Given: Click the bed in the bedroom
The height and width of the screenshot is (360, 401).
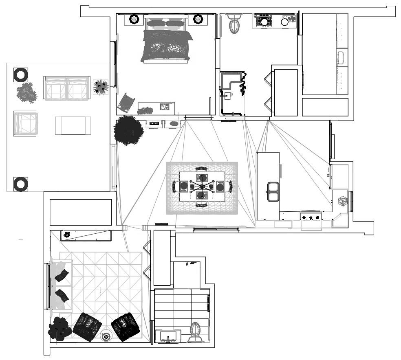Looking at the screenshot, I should click(x=166, y=41).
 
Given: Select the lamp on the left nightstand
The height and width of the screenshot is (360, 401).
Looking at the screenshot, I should click(x=134, y=19).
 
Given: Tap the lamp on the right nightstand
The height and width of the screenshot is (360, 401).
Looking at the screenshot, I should click(x=198, y=19).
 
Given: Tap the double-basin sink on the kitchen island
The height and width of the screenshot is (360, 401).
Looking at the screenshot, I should click(x=272, y=192).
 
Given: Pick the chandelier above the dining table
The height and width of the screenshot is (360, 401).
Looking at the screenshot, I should click(x=202, y=187).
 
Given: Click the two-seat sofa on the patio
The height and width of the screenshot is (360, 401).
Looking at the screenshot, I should click(x=66, y=88).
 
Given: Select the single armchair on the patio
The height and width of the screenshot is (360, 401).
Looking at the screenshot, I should click(x=26, y=123).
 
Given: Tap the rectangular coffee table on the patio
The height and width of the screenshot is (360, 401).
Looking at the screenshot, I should click(x=73, y=125).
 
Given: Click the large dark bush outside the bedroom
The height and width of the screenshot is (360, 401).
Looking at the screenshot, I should click(x=129, y=130).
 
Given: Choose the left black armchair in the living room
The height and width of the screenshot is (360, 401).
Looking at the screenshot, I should click(x=87, y=327).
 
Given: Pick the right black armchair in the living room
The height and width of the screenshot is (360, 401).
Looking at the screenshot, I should click(x=126, y=327).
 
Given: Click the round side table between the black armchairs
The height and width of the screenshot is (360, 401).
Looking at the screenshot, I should click(x=106, y=336).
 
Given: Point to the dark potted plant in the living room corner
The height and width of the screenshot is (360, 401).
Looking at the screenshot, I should click(x=60, y=328).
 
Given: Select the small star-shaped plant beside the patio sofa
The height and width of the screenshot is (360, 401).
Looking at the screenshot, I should click(x=100, y=87).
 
